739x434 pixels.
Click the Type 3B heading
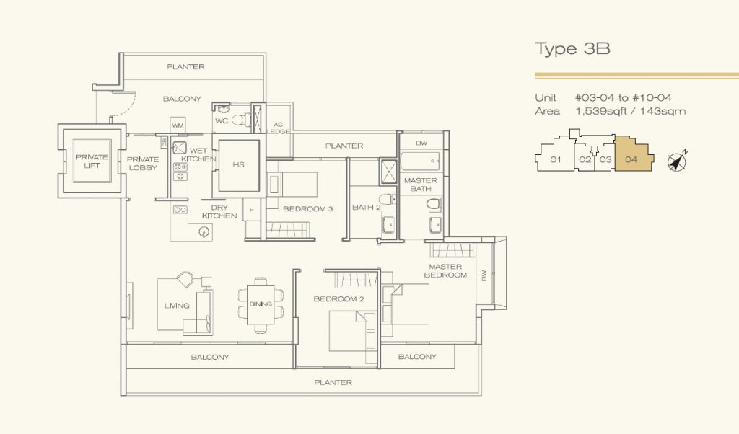(x=572, y=48)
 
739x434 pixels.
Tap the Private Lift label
(x=92, y=161)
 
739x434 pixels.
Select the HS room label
(x=238, y=164)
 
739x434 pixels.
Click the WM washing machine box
(x=178, y=125)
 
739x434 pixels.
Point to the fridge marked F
(x=252, y=210)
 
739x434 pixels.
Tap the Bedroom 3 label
(x=307, y=208)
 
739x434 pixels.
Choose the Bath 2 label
(x=366, y=207)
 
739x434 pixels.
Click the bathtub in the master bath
(x=420, y=161)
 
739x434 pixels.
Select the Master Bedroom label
(x=445, y=270)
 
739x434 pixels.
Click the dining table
(x=261, y=304)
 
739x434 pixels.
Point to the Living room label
(x=177, y=306)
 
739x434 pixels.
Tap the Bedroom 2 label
(x=338, y=299)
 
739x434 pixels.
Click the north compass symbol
(x=678, y=161)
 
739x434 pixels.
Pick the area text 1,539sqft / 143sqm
(x=631, y=112)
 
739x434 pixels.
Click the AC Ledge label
(x=279, y=128)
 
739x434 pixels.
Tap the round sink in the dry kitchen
(x=204, y=231)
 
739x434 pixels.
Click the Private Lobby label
(x=143, y=164)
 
